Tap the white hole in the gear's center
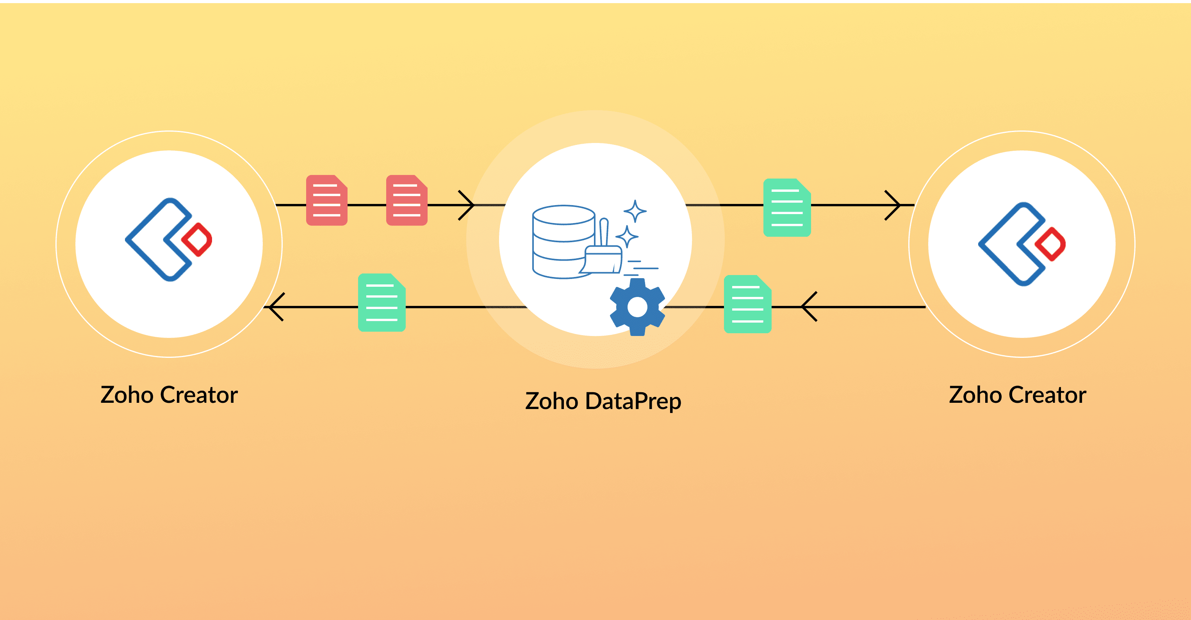(x=637, y=307)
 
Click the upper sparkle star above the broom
(x=635, y=211)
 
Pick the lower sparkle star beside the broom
(x=627, y=236)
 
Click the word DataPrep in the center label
(x=633, y=401)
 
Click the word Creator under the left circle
(x=199, y=395)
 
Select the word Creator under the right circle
(x=1047, y=395)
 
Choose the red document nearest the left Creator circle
(x=326, y=200)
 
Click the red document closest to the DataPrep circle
(x=407, y=200)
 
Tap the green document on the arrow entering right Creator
(x=787, y=208)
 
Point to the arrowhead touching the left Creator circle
(x=276, y=307)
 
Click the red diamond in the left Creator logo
(x=197, y=239)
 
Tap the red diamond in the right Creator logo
(x=1050, y=244)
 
